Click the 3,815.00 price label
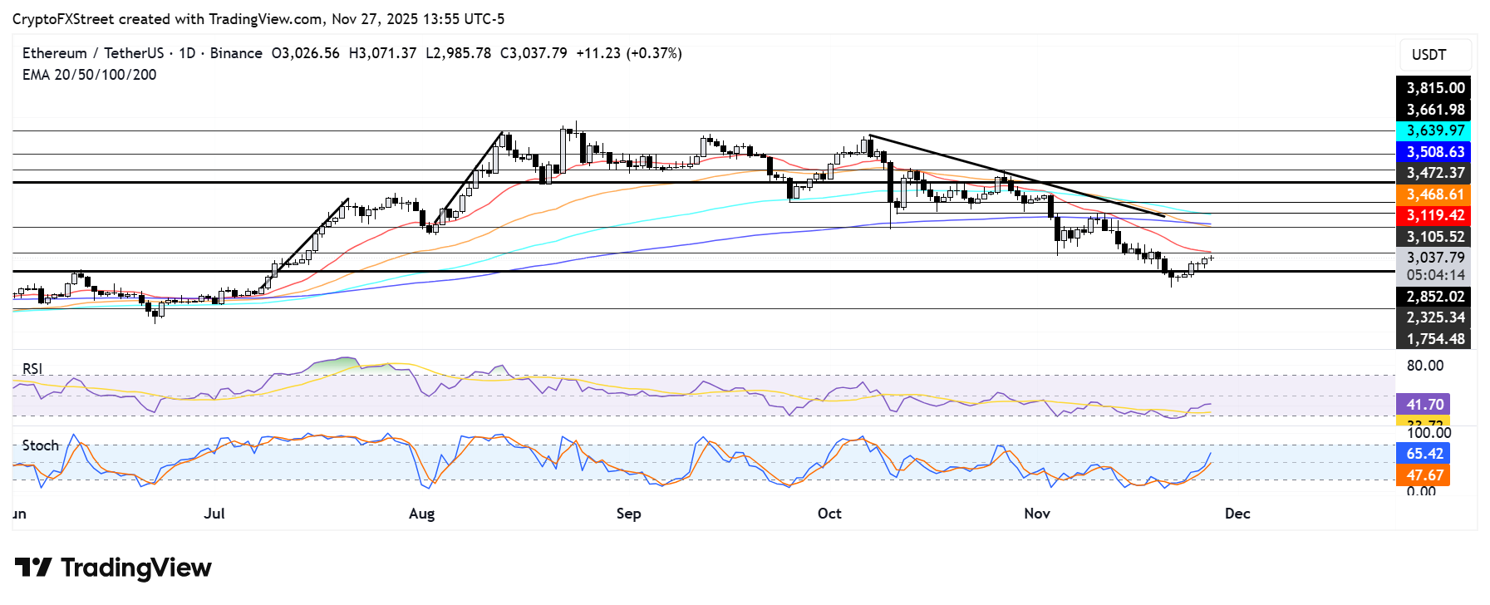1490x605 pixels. click(x=1434, y=88)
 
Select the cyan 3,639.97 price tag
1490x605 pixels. click(x=1434, y=130)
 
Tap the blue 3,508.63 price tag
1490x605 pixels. click(x=1434, y=152)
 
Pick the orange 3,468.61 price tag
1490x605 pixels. click(x=1434, y=194)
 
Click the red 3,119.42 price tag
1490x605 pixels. click(x=1434, y=215)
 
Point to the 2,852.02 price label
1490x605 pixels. click(x=1434, y=297)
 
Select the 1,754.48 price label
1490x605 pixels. click(x=1434, y=339)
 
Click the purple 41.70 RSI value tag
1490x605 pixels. click(x=1424, y=405)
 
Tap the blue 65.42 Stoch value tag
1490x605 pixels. click(x=1424, y=454)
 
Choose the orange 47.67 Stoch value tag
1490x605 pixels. click(x=1424, y=475)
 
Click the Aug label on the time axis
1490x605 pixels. click(x=421, y=514)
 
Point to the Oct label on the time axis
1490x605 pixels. click(x=829, y=514)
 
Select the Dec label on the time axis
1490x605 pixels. click(x=1237, y=514)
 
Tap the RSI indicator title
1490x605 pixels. click(x=32, y=369)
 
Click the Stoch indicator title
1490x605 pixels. click(x=40, y=445)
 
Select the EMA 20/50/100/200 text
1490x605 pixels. click(x=89, y=75)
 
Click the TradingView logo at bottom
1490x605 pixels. click(x=113, y=568)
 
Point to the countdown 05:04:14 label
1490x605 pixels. click(x=1435, y=275)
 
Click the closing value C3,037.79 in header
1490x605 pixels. click(x=534, y=53)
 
